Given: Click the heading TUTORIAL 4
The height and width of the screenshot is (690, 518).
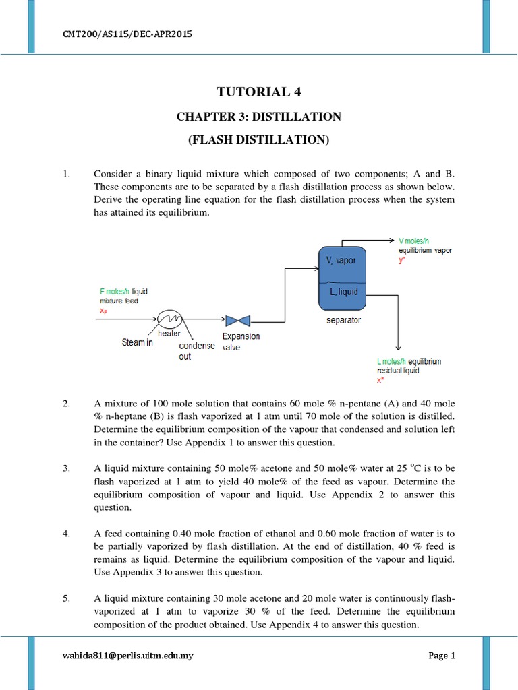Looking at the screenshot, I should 259,92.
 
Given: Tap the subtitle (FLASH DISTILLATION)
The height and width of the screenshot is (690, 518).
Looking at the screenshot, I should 259,140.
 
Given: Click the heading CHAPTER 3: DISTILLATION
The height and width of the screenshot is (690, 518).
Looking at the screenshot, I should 259,117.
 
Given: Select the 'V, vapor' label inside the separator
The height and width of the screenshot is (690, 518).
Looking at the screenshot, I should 342,261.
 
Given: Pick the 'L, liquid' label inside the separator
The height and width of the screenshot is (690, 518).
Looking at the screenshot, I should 343,292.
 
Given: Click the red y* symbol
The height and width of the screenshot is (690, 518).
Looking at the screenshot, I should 403,260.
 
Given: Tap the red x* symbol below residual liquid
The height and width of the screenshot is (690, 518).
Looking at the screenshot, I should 381,380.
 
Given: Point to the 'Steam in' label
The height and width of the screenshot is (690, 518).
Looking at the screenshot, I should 138,342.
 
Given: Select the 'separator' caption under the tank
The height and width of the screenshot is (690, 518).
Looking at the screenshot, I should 343,320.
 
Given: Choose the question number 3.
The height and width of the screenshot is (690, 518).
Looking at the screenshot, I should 66,469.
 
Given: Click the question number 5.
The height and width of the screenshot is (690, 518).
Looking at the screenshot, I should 66,598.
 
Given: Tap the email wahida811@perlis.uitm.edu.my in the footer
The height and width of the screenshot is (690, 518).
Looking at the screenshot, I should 125,655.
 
